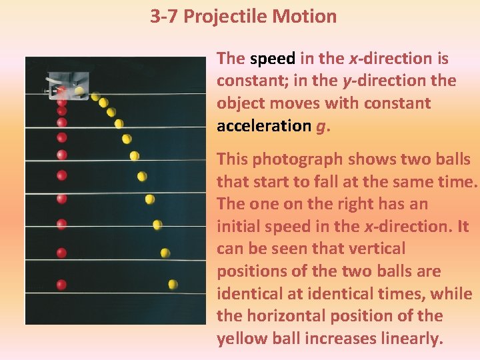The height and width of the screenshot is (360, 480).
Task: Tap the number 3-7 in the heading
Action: click(x=164, y=16)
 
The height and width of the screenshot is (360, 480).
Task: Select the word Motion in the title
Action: click(x=305, y=16)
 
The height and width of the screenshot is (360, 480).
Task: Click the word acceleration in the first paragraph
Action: click(x=263, y=126)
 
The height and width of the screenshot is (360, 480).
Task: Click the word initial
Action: click(x=238, y=227)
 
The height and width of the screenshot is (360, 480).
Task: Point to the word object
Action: click(x=237, y=104)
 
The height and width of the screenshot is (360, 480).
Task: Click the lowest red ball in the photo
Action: click(x=61, y=285)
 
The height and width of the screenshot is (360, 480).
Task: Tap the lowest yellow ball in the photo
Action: click(x=173, y=285)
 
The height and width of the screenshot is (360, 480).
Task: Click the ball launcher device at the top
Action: click(x=67, y=87)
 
